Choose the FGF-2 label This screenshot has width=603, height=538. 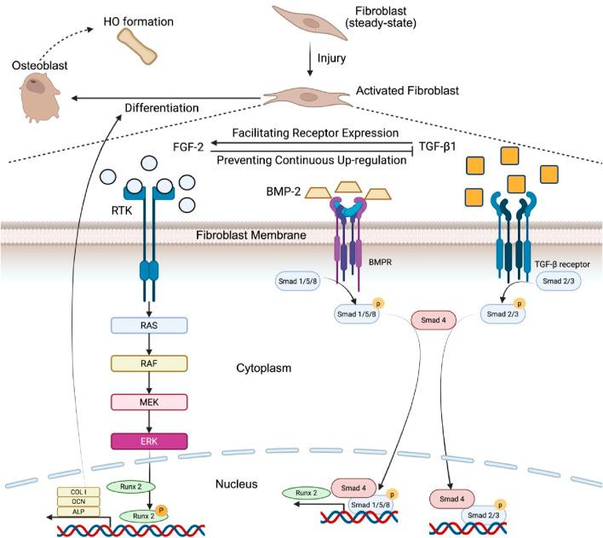click(190, 146)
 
